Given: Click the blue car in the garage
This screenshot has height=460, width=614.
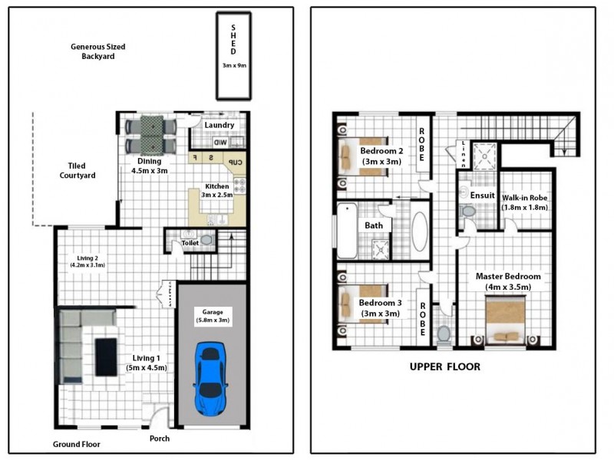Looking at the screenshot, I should click(210, 379).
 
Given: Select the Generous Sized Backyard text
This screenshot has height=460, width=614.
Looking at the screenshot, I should click(97, 51).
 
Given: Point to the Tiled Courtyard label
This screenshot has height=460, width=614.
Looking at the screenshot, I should click(76, 170).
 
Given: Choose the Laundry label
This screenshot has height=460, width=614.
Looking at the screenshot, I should click(220, 125).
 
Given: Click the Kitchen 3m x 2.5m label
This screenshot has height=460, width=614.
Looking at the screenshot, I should click(216, 191).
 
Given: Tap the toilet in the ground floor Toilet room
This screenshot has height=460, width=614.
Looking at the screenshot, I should click(205, 239).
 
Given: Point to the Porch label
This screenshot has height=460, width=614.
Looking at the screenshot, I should click(159, 439).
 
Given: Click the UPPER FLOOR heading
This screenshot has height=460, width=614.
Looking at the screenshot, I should click(444, 366).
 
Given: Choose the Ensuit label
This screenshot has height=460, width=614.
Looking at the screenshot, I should click(482, 195).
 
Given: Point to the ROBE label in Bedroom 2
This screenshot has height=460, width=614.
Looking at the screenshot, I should click(421, 144).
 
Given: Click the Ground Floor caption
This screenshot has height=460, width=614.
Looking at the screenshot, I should click(76, 444).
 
